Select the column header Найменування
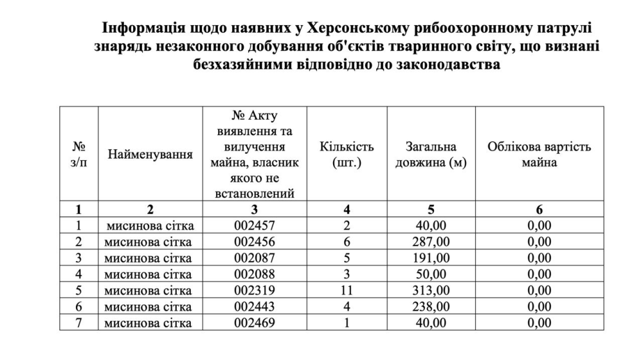pos(150,155)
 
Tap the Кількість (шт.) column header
pos(347,155)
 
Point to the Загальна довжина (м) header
pos(431,155)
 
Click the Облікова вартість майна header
pos(539,155)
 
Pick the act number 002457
pos(255,225)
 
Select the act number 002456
pos(255,242)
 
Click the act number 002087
pos(255,258)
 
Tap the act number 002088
pos(255,274)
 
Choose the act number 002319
pos(255,291)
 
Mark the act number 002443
pos(255,307)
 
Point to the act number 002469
pos(255,323)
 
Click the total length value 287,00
pos(431,242)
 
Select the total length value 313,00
pos(431,291)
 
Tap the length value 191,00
pos(431,258)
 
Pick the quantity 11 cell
pos(347,291)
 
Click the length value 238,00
pos(431,307)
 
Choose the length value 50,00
pos(431,274)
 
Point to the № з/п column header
pos(78,155)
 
